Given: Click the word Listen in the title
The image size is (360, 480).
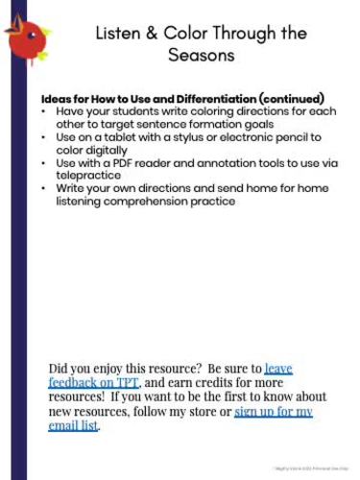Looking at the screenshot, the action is pos(119,34).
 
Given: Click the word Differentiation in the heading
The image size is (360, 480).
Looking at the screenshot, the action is pos(224,99).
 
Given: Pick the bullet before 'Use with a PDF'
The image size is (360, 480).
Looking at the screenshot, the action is pos(46,163).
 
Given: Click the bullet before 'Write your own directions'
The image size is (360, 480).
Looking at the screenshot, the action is pos(46,189).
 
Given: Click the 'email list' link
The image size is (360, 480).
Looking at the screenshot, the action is pos(73,425).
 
